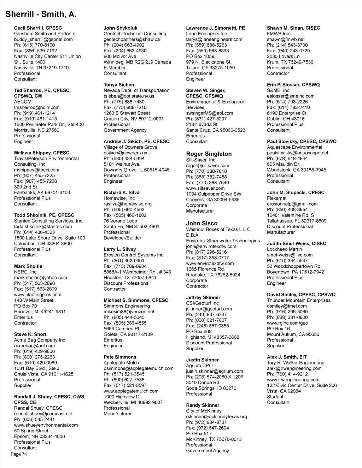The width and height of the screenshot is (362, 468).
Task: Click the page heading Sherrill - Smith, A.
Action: (41, 14)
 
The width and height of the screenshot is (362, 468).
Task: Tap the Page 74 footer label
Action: (19, 454)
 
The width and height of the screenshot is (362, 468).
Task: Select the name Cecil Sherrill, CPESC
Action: (38, 28)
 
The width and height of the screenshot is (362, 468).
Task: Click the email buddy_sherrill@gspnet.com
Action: (43, 39)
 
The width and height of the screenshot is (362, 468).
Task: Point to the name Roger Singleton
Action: (209, 154)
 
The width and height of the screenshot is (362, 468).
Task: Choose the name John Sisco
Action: (202, 223)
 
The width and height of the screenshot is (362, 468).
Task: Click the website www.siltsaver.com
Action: (205, 188)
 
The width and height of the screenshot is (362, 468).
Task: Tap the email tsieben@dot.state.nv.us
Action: (129, 96)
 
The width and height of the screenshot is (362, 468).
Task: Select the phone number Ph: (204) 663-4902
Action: (124, 45)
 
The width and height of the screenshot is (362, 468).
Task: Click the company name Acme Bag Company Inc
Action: (40, 340)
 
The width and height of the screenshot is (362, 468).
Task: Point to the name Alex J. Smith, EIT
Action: (287, 357)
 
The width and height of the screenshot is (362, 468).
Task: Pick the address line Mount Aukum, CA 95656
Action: (293, 334)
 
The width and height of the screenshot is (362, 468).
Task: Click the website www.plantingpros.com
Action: (37, 295)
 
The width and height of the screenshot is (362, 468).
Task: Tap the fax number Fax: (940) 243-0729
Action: (288, 51)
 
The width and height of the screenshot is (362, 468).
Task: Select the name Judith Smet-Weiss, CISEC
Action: (296, 244)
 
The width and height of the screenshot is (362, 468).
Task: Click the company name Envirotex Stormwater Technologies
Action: (223, 241)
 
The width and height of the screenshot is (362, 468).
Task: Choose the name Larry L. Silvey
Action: (119, 249)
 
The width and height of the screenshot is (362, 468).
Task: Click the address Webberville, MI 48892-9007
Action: (133, 402)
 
